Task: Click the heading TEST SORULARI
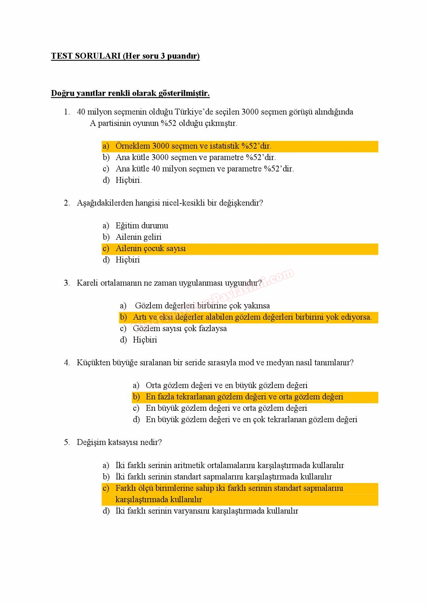86,56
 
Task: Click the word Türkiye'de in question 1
194,112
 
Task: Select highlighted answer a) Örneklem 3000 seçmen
193,146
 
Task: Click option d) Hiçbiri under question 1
128,180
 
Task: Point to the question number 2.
67,203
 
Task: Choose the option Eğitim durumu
142,226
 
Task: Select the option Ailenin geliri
138,237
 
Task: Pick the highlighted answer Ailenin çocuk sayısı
150,248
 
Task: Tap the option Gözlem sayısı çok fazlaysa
179,328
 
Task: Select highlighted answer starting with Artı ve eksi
252,317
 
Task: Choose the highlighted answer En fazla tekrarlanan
244,397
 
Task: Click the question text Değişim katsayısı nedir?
119,442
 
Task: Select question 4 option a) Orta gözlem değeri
226,385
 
